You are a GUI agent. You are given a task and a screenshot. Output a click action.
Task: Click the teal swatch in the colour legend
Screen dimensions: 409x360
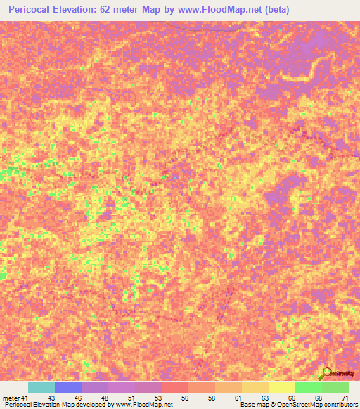tap(41, 387)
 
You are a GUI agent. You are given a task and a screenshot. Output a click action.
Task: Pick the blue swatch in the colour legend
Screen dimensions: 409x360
tap(68, 387)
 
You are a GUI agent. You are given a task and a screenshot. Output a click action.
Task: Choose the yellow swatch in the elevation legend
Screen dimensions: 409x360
tap(281, 387)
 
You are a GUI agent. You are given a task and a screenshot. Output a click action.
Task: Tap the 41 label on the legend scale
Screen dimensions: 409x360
tap(25, 398)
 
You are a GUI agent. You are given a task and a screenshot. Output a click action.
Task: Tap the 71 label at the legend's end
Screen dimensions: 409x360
tap(344, 398)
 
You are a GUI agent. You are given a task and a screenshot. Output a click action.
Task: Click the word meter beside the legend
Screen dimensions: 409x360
tap(10, 398)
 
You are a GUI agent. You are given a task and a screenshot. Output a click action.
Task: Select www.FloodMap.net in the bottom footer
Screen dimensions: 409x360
tap(145, 405)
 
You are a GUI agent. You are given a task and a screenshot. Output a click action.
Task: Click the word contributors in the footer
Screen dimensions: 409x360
tap(340, 405)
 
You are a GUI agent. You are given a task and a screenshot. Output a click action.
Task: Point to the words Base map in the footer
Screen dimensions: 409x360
tap(254, 405)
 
